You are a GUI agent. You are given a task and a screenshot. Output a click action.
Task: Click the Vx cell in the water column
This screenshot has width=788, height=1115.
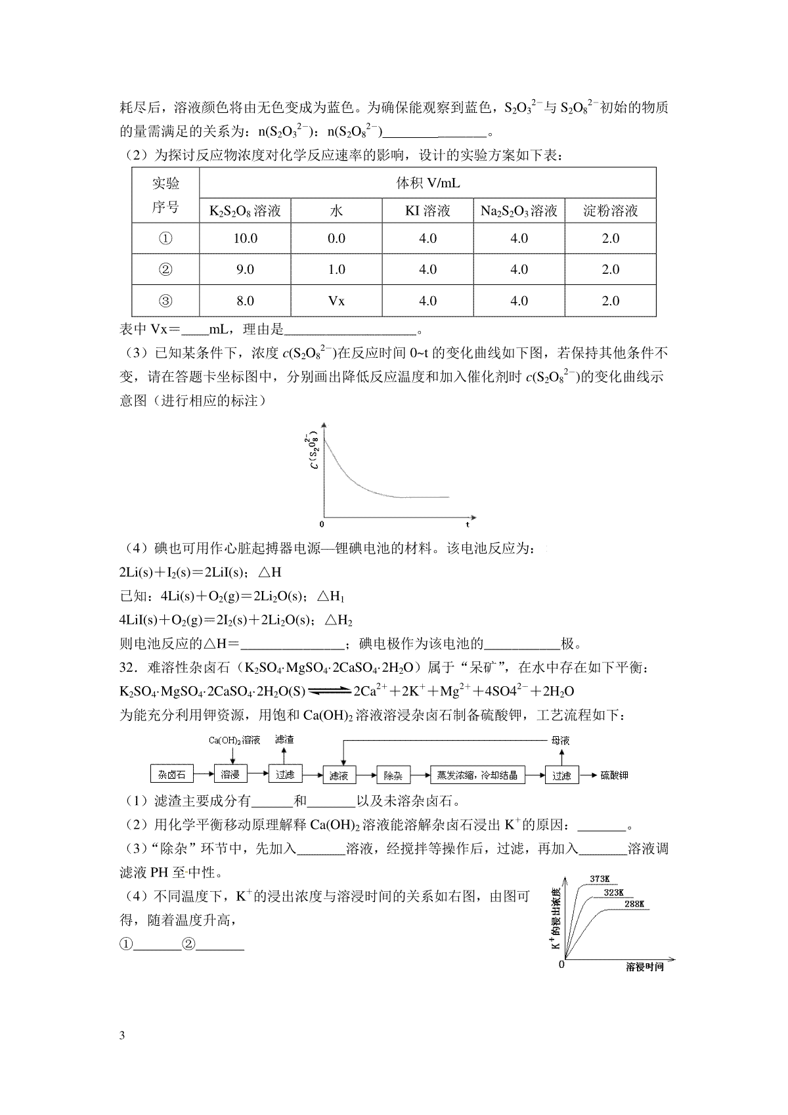336,301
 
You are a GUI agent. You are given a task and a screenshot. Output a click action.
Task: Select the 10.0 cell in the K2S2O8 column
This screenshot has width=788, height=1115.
245,238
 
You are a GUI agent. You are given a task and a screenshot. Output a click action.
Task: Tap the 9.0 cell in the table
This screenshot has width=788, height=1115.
245,269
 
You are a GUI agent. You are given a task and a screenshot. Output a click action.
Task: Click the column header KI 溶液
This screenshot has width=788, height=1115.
427,211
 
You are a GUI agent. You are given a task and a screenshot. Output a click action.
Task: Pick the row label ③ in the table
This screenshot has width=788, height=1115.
165,301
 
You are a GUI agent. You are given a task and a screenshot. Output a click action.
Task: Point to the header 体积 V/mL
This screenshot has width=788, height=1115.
427,183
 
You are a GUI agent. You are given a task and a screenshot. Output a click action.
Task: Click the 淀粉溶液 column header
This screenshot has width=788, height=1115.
610,211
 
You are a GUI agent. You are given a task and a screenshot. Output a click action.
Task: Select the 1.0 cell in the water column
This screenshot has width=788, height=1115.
336,269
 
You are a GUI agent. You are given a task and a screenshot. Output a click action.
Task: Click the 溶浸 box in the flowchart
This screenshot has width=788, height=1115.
230,775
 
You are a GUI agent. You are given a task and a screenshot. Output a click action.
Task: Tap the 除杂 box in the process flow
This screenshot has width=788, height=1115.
393,776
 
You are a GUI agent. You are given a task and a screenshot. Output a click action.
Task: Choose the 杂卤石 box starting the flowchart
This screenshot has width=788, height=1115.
172,775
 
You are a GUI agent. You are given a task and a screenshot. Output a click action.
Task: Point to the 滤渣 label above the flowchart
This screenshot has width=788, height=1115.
284,739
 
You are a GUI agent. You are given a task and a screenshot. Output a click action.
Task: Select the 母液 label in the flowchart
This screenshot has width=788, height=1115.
560,740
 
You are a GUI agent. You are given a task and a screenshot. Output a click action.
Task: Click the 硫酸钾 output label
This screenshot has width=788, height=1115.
614,776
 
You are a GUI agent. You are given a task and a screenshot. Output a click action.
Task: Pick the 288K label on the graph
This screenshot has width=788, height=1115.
634,904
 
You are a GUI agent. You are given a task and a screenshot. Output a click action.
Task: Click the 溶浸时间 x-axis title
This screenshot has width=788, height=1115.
644,967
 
